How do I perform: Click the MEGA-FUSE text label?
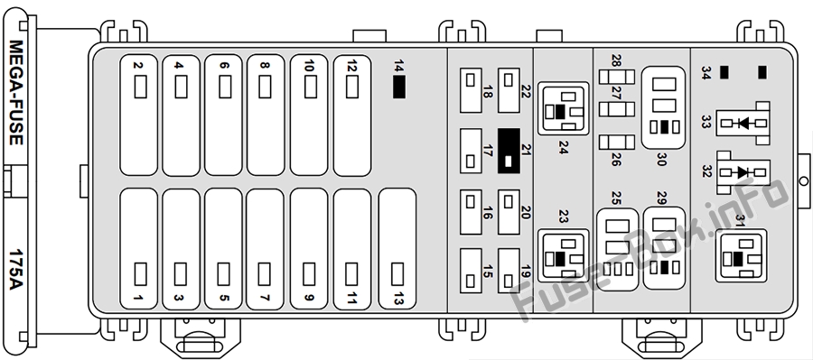tap(16, 92)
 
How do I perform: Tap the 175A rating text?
tap(16, 270)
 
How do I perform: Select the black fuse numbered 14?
tap(399, 87)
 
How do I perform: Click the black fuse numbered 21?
tap(509, 151)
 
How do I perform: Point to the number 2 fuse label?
tap(137, 65)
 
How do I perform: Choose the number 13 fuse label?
tap(398, 299)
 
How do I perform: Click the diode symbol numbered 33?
tap(743, 124)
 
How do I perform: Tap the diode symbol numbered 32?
tap(743, 172)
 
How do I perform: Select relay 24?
tap(563, 108)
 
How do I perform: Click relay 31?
tap(741, 256)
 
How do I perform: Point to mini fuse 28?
tap(616, 78)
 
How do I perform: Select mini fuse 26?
tap(616, 142)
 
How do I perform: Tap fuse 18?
tap(471, 90)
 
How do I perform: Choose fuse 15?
tap(471, 271)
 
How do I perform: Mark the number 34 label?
tap(706, 73)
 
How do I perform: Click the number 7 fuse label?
tap(264, 299)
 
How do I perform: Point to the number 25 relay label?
tap(616, 198)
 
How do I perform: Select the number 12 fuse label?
tap(352, 66)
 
